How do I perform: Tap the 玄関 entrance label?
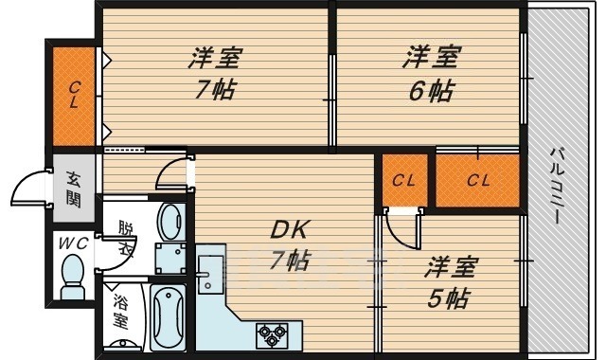pos(74,189)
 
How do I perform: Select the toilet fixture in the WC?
pos(72,278)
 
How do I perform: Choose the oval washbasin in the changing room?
pos(171,223)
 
